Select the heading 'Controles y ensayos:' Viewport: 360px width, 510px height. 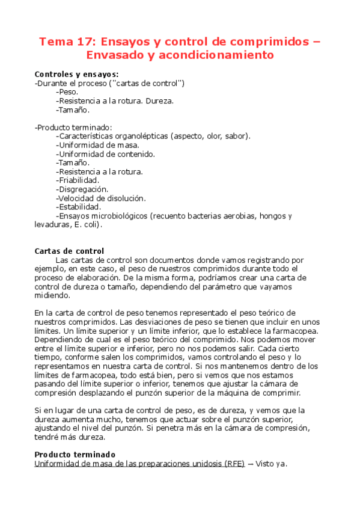(76, 74)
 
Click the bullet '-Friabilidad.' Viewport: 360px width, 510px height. (78, 180)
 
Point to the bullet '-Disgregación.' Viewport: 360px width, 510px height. (82, 189)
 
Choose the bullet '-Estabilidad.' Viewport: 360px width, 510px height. (78, 207)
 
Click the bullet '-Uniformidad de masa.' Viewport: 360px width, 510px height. (97, 144)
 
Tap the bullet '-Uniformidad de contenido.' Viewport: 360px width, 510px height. (106, 153)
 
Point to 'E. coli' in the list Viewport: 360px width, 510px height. (87, 225)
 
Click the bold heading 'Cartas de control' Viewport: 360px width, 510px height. (69, 251)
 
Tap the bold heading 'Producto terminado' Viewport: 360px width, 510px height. (75, 455)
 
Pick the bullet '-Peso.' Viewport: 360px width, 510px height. (67, 92)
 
